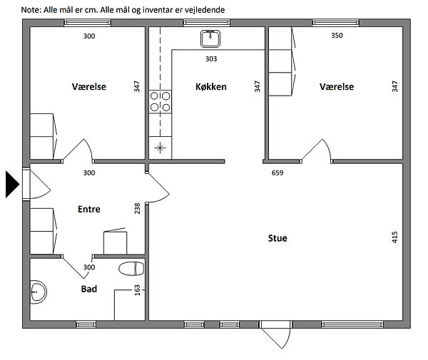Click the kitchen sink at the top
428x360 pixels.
[x=210, y=38]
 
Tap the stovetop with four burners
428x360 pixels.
[x=160, y=101]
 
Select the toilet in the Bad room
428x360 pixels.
[x=131, y=269]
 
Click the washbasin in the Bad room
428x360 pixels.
[x=38, y=292]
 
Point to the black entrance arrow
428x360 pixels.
[x=12, y=185]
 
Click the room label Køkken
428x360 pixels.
[x=211, y=87]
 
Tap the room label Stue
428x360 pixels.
[x=277, y=238]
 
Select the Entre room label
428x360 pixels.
[x=89, y=209]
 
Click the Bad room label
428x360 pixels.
[x=89, y=289]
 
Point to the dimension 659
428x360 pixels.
[x=277, y=173]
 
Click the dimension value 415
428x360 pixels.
[x=394, y=237]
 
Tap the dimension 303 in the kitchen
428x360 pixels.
[x=211, y=58]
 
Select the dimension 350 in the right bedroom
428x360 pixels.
[x=337, y=36]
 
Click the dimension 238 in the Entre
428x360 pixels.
[x=137, y=208]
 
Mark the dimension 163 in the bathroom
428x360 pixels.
[x=137, y=290]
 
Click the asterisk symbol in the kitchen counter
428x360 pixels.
[x=160, y=148]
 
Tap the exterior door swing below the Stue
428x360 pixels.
[x=276, y=334]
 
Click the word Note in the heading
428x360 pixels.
[x=31, y=10]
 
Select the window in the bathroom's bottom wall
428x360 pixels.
[x=86, y=324]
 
